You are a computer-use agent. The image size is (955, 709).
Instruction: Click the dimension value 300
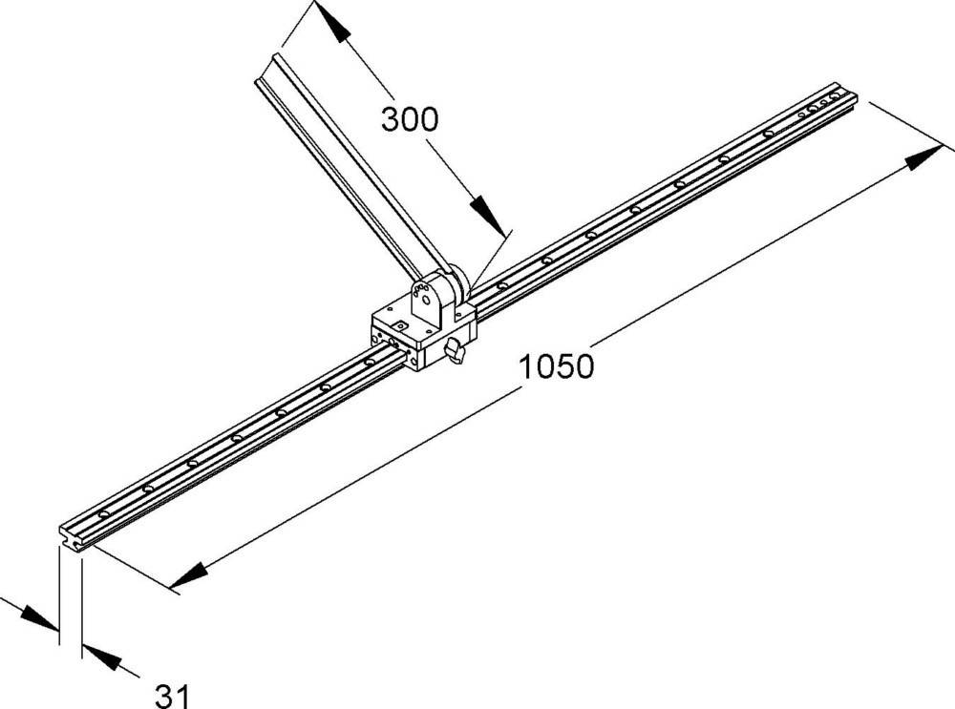[410, 119]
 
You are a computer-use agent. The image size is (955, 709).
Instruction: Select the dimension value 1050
[556, 367]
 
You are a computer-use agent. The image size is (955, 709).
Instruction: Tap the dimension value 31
[172, 696]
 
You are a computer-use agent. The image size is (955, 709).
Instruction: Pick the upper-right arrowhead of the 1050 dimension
[924, 156]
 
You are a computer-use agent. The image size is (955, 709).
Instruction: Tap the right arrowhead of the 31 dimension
[100, 657]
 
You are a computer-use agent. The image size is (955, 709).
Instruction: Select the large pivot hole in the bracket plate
[425, 300]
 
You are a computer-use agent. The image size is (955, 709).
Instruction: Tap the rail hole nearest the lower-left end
[103, 514]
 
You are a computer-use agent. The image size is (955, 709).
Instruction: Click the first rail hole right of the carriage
[502, 285]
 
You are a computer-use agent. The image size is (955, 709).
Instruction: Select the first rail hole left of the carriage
[370, 362]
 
